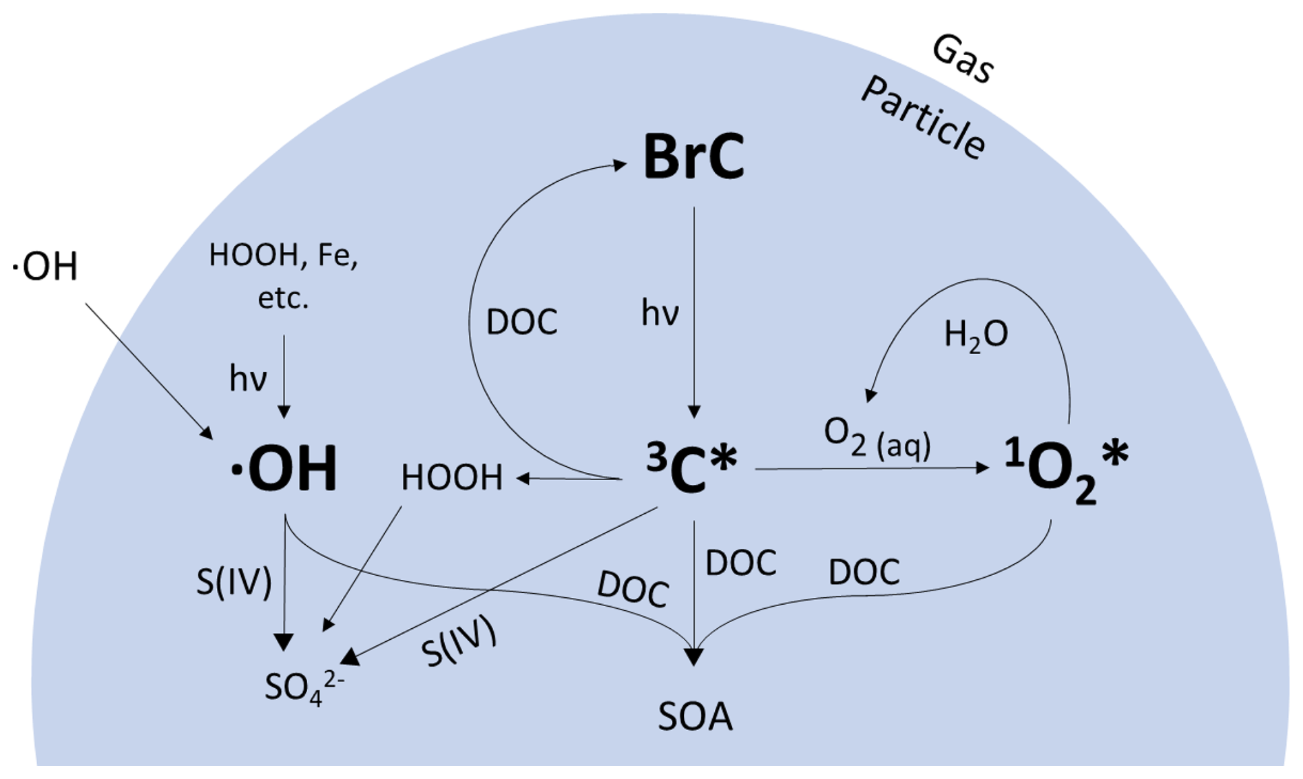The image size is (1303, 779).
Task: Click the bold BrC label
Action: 693,157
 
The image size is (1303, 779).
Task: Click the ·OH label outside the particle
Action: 45,267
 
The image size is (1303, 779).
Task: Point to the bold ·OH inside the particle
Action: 284,469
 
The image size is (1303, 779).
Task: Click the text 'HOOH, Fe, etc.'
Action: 283,276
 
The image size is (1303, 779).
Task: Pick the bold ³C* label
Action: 691,468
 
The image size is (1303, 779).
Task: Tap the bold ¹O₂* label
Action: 1065,469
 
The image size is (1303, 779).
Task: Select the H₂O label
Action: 975,335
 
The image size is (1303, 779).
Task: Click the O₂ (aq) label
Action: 877,439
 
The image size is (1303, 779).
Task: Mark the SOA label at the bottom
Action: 695,717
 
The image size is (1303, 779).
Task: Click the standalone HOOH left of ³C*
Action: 452,477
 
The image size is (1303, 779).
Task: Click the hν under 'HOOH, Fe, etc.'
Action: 248,379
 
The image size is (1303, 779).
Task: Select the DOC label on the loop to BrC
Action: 521,322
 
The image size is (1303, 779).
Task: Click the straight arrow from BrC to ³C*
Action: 694,310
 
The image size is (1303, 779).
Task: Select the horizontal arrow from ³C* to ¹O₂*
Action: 871,468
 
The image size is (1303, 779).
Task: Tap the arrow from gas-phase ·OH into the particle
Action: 148,370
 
